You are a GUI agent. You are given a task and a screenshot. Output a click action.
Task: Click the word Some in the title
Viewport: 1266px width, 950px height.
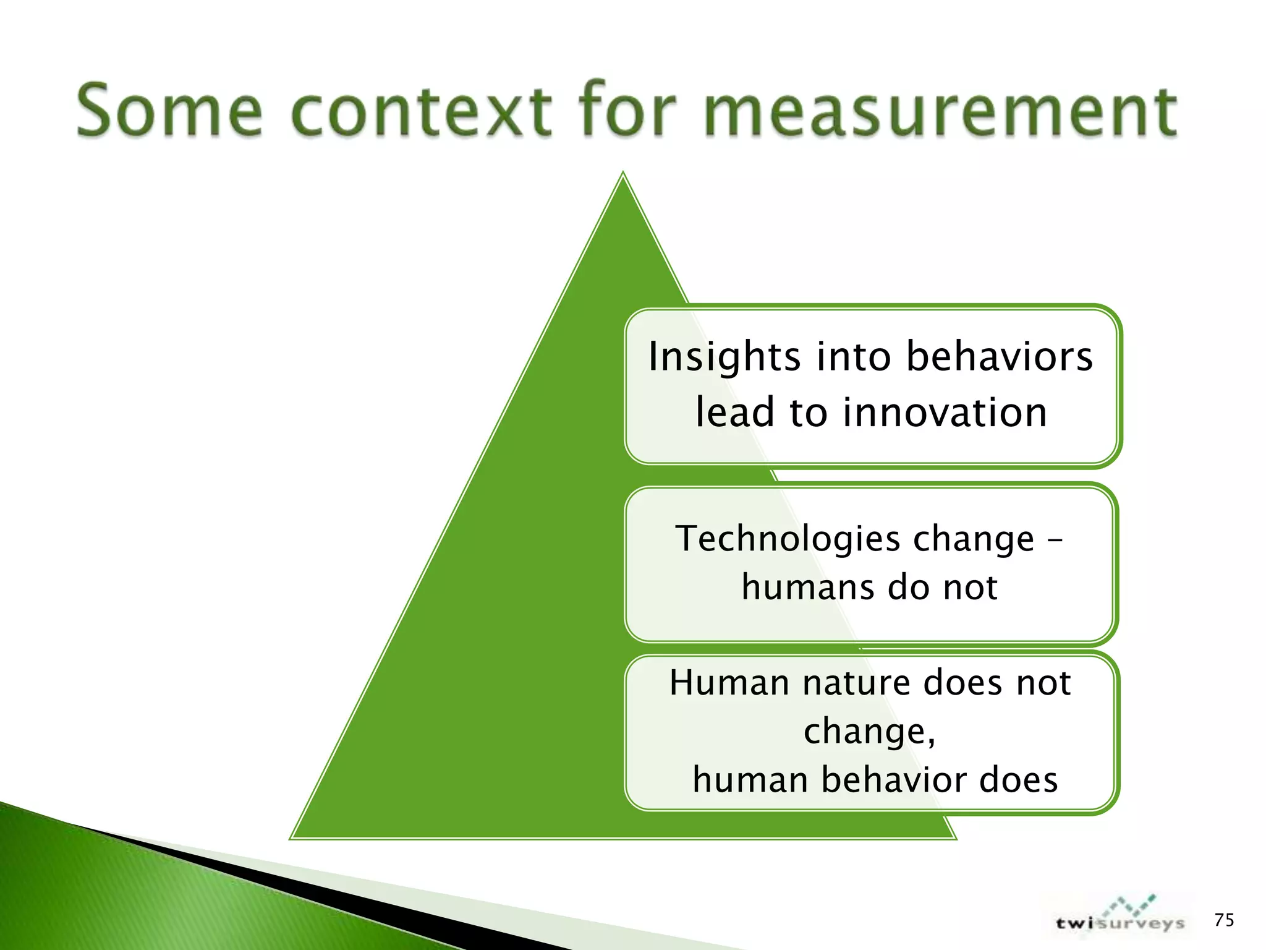coord(170,111)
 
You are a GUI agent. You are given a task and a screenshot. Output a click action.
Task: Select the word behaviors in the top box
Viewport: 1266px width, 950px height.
coord(1000,357)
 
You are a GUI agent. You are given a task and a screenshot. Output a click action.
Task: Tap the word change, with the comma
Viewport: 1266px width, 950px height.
coord(869,732)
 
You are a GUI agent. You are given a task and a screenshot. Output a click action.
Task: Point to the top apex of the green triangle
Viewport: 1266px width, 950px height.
coord(623,176)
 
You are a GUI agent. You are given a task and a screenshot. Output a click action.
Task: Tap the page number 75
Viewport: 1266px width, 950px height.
coord(1224,920)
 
